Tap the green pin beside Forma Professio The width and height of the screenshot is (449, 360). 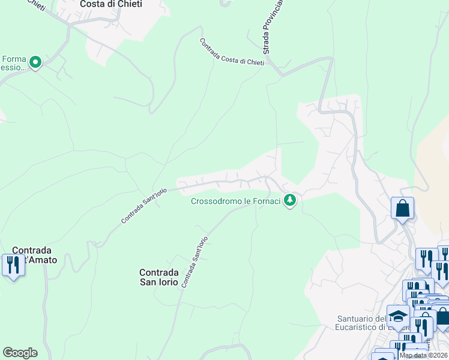[35, 62]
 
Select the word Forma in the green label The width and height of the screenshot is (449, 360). [13, 59]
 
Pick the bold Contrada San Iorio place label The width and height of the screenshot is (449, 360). [159, 277]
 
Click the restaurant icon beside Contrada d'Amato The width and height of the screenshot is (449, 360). [12, 264]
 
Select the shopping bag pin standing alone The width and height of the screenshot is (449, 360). [402, 209]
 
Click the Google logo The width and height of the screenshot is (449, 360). [20, 353]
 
